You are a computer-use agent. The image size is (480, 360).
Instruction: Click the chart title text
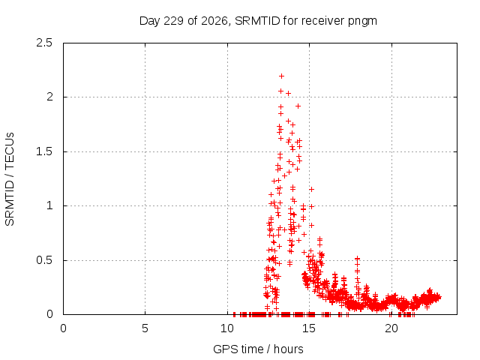pos(258,21)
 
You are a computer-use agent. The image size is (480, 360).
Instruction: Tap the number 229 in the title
pos(173,21)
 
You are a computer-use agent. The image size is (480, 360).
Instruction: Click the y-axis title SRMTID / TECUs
pos(10,179)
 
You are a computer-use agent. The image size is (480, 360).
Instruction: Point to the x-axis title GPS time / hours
pos(258,349)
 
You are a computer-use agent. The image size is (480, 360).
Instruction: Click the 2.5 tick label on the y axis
pos(44,43)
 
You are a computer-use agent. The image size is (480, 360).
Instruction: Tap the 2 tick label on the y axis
pos(49,97)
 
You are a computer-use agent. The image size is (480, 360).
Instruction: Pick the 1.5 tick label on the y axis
pos(44,151)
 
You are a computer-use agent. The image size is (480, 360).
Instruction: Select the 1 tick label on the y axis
pos(50,205)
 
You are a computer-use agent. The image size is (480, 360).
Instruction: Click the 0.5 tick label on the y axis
pos(44,260)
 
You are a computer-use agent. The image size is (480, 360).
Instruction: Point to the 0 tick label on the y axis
pos(49,314)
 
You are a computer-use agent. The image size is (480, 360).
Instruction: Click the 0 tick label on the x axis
pos(63,328)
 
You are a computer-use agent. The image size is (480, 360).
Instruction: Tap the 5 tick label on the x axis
pos(145,328)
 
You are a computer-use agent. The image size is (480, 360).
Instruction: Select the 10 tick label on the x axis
pos(227,328)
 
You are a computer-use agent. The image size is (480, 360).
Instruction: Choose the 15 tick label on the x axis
pos(309,328)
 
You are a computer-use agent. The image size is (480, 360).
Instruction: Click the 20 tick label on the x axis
pos(391,328)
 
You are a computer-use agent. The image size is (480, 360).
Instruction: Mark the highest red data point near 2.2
pos(281,76)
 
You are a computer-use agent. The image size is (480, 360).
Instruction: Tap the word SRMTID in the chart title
pos(257,21)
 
